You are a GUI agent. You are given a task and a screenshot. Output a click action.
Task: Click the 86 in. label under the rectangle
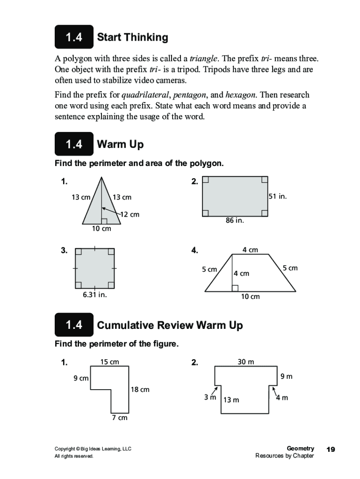(x=235, y=220)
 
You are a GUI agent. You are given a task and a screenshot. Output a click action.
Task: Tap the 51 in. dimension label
(x=277, y=196)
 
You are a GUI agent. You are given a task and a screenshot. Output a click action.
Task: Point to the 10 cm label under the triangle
(x=101, y=229)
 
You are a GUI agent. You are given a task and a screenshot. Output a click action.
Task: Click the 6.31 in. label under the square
(x=95, y=295)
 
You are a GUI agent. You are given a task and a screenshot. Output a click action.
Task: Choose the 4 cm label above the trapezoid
(x=250, y=250)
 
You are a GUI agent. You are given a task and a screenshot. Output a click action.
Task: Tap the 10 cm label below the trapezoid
(x=250, y=297)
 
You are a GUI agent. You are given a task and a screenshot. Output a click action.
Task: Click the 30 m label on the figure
(x=246, y=362)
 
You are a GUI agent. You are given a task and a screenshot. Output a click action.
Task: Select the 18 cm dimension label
(x=140, y=389)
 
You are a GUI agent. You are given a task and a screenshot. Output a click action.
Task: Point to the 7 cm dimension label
(x=119, y=417)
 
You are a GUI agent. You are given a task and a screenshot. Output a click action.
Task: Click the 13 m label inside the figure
(x=231, y=400)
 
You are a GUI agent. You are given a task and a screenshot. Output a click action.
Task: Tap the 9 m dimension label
(x=286, y=376)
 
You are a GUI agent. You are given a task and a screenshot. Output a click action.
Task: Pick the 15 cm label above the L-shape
(x=110, y=362)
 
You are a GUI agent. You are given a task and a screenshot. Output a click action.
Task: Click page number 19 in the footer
(x=331, y=450)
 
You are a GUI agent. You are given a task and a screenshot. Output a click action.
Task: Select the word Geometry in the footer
(x=300, y=449)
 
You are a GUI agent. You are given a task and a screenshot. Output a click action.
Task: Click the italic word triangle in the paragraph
(x=203, y=59)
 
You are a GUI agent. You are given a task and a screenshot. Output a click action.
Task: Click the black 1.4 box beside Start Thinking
(x=74, y=37)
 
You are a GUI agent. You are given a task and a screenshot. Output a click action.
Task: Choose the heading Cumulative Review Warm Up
(x=170, y=325)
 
